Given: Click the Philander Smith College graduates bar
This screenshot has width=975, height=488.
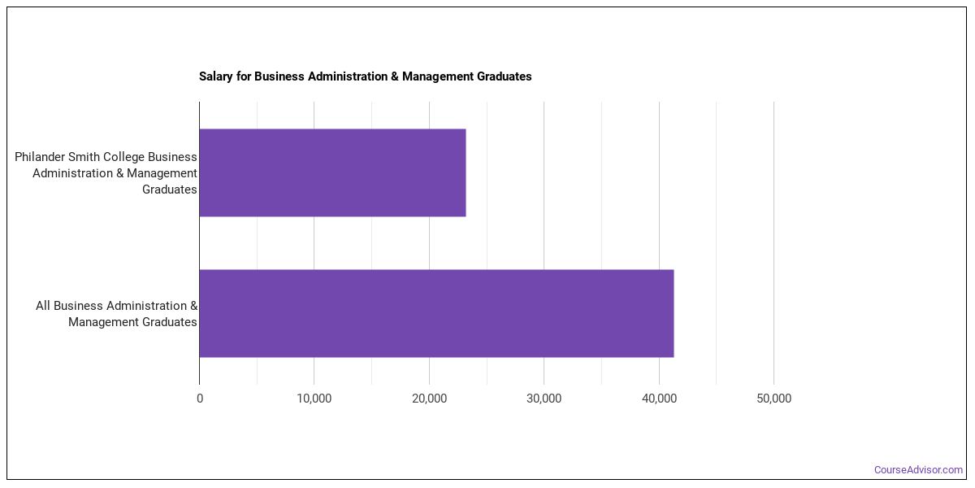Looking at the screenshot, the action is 332,172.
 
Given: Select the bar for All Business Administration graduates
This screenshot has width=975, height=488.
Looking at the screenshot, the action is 436,313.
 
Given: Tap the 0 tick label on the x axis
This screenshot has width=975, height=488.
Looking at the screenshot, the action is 200,399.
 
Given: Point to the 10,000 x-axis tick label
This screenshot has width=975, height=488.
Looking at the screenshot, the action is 314,399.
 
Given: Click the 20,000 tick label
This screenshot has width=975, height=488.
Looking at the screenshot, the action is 429,399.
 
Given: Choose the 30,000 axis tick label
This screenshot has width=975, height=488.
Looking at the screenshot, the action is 544,399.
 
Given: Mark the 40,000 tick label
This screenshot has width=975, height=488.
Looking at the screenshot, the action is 659,399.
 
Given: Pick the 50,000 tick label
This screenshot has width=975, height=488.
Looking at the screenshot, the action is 773,399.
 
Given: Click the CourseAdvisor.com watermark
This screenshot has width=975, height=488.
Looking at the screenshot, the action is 918,470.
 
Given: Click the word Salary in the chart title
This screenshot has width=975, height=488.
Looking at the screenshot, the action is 216,76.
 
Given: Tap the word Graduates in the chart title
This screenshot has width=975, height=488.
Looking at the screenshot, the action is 504,76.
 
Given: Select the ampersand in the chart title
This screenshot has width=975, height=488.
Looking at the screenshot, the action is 395,76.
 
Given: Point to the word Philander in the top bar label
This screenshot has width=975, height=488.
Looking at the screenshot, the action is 40,157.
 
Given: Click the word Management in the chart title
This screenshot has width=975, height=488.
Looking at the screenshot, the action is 437,76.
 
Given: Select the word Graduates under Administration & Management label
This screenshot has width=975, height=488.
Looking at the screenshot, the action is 169,190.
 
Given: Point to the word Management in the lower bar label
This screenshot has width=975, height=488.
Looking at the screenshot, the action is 103,322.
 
